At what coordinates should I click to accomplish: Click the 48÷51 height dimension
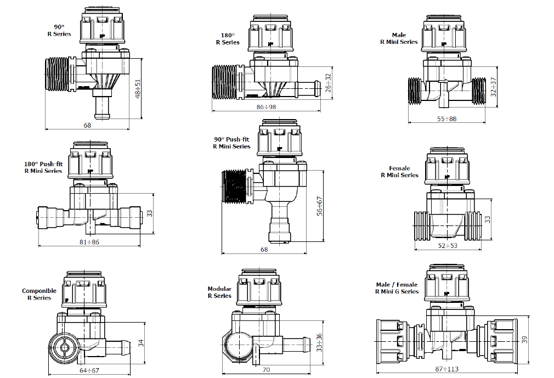point(138,88)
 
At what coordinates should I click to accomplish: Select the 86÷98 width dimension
point(267,106)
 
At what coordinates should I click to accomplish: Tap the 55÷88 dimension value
point(446,119)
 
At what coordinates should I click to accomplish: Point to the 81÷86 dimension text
point(89,242)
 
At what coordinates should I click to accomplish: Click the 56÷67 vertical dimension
point(320,206)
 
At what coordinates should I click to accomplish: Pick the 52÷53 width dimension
point(448,246)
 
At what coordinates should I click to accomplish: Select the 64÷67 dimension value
point(89,370)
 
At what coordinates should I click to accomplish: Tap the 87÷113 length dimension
point(447,369)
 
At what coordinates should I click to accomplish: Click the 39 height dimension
point(525,340)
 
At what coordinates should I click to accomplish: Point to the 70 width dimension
point(267,370)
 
